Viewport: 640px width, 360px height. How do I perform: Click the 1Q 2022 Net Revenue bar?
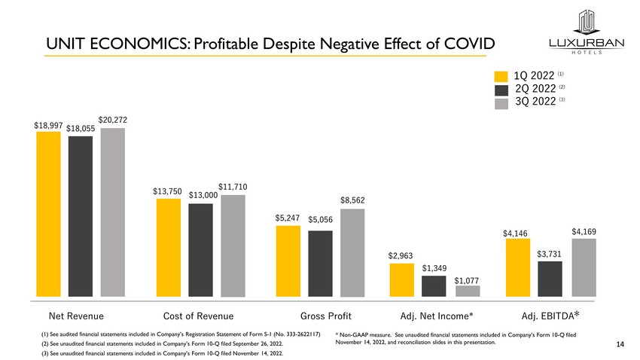[48, 214]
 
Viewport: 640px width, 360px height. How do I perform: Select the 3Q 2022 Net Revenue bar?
[112, 212]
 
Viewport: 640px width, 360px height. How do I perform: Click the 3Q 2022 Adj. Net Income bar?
[467, 291]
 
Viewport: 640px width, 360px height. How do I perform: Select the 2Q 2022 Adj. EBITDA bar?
[550, 279]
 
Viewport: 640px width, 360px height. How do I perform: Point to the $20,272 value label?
[113, 120]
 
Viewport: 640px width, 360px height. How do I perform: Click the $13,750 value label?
[168, 191]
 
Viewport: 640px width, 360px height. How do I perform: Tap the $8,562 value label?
[352, 200]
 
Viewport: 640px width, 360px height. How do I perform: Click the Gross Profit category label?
[326, 316]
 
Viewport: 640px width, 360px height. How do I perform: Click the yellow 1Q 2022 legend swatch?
[501, 76]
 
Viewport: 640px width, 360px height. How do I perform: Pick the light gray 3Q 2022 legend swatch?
[501, 103]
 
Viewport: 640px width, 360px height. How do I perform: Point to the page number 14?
[620, 345]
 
